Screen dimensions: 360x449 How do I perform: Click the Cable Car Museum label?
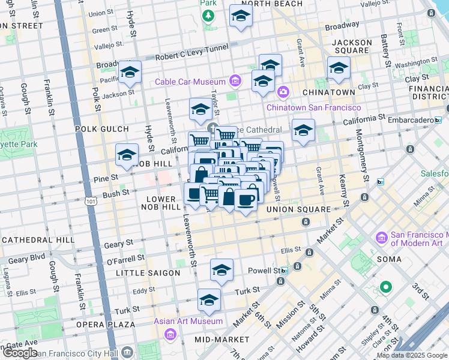pos(190,82)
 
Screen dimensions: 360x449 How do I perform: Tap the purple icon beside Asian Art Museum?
pos(171,333)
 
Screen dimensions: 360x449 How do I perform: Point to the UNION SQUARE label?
pos(298,209)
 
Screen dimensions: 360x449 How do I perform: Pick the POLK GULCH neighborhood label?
pos(101,129)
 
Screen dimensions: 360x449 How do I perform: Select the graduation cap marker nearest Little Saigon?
pos(221,271)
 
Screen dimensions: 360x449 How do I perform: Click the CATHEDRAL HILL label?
pos(37,240)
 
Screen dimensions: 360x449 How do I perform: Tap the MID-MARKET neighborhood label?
pos(218,340)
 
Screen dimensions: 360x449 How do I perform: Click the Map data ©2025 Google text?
pos(412,355)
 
